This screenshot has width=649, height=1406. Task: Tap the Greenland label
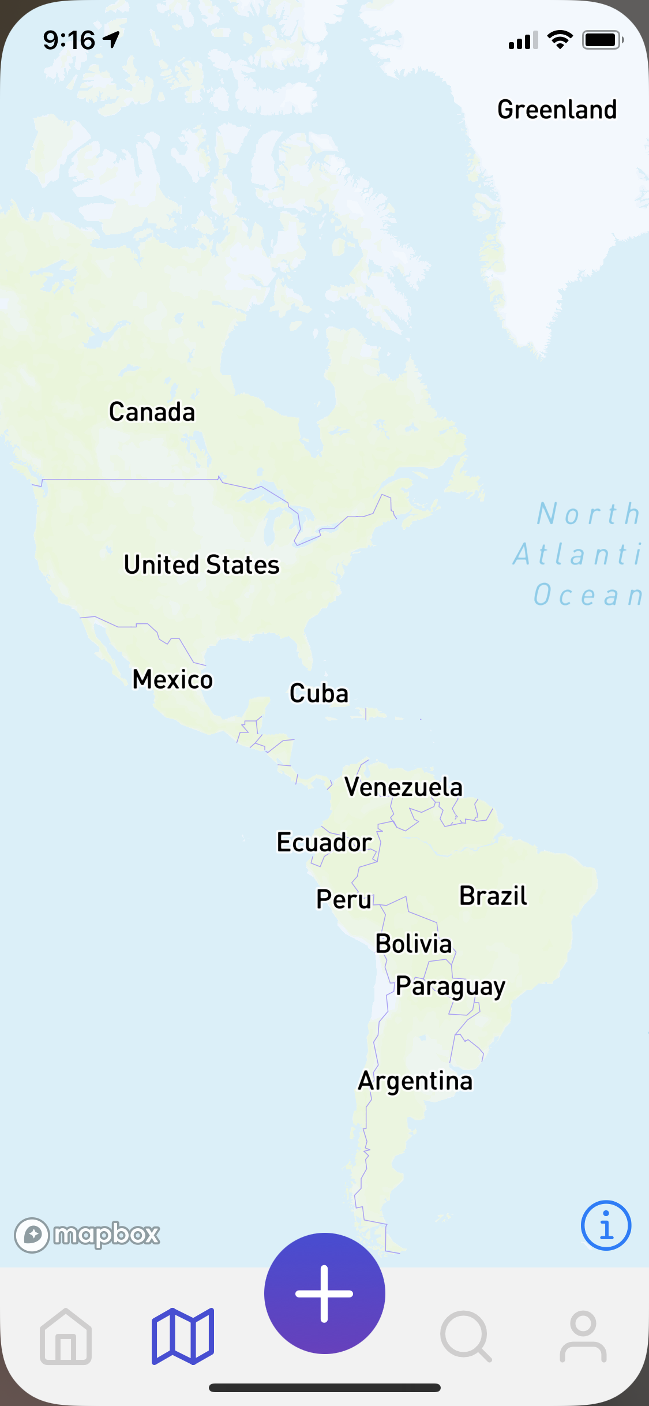point(557,110)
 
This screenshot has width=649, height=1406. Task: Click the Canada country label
point(152,412)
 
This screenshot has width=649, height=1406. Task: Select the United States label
point(202,564)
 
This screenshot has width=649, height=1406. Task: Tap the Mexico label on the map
point(172,679)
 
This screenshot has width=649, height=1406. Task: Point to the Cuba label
point(319,693)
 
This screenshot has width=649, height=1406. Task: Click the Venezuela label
point(403,787)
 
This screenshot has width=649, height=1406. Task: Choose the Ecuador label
point(324,842)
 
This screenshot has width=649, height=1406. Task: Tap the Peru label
point(344,899)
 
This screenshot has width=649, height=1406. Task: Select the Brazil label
point(493,896)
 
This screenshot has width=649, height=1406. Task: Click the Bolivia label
point(414,944)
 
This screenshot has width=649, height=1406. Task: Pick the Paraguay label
point(450,987)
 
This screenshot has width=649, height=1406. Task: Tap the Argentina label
point(415,1081)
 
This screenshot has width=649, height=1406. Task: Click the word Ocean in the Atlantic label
point(587,595)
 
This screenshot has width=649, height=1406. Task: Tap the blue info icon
point(606,1225)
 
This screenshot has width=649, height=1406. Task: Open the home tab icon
point(66,1337)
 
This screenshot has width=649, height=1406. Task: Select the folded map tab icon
point(183,1337)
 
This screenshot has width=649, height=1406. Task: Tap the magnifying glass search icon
point(466,1337)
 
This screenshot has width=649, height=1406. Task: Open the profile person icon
point(583,1337)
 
